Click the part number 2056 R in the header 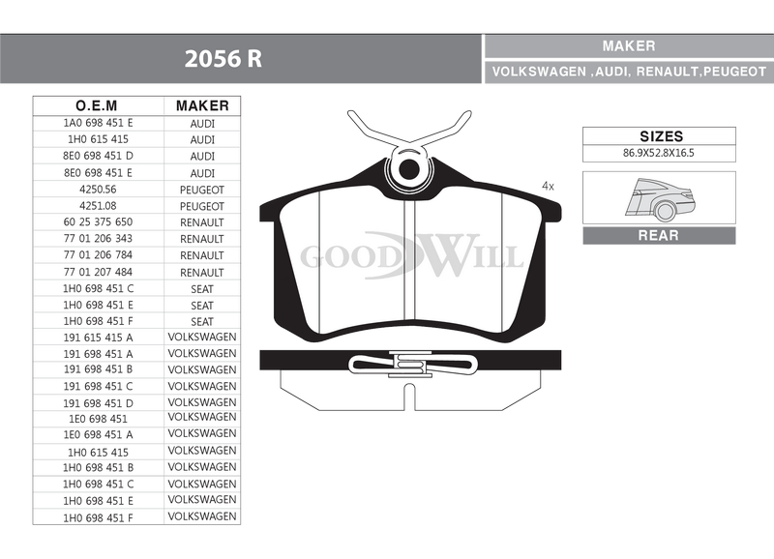pos(223,59)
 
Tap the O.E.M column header pos(97,105)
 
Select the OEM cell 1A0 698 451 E pos(99,123)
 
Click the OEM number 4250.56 pos(98,189)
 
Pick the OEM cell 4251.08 pos(98,206)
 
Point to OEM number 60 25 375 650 pos(99,222)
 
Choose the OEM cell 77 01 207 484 pos(99,272)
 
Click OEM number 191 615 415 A pos(99,338)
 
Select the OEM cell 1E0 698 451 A pos(99,434)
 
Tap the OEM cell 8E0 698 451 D pos(99,156)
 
